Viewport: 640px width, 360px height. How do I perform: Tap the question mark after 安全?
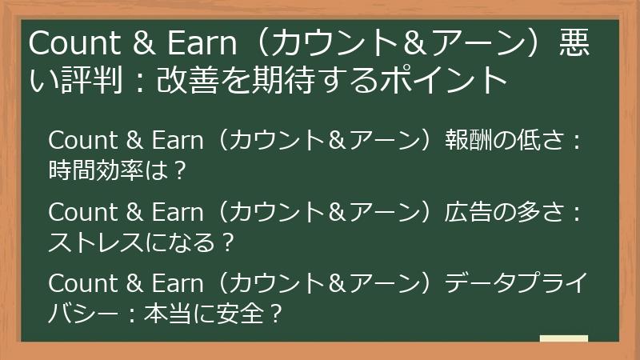tap(275, 313)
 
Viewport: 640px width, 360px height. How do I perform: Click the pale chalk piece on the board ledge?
tap(563, 338)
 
